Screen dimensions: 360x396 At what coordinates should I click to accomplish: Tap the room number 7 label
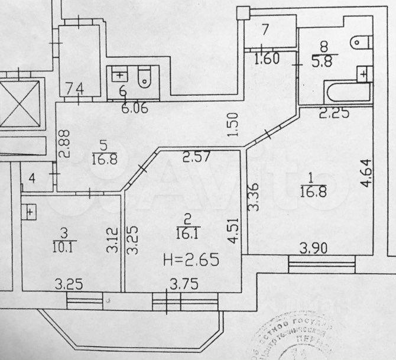265,29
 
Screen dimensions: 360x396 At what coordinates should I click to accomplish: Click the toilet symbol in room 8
360,43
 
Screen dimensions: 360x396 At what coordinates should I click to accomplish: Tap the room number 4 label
33,177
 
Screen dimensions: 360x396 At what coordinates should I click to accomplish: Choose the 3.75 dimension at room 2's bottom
182,286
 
